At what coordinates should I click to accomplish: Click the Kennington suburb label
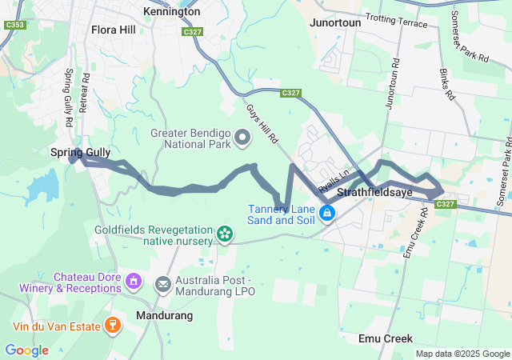coord(171,12)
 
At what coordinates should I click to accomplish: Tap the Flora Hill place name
coord(114,30)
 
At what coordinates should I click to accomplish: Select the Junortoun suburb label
coord(335,22)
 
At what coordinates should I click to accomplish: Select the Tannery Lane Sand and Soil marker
coord(327,213)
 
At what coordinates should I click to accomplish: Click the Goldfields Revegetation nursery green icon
coord(225,234)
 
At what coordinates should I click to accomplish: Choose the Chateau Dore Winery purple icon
coord(133,282)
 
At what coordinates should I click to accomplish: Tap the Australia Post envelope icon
coord(163,284)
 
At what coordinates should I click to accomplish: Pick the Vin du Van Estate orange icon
coord(114,326)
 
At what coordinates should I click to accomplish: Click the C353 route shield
coord(14,26)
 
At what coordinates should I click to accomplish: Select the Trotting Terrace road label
coord(396,20)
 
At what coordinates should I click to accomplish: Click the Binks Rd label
coord(446,84)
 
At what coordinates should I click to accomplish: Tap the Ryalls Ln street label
coord(334,182)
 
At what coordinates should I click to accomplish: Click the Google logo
coord(26,350)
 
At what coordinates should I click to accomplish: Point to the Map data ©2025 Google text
coord(462,354)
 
